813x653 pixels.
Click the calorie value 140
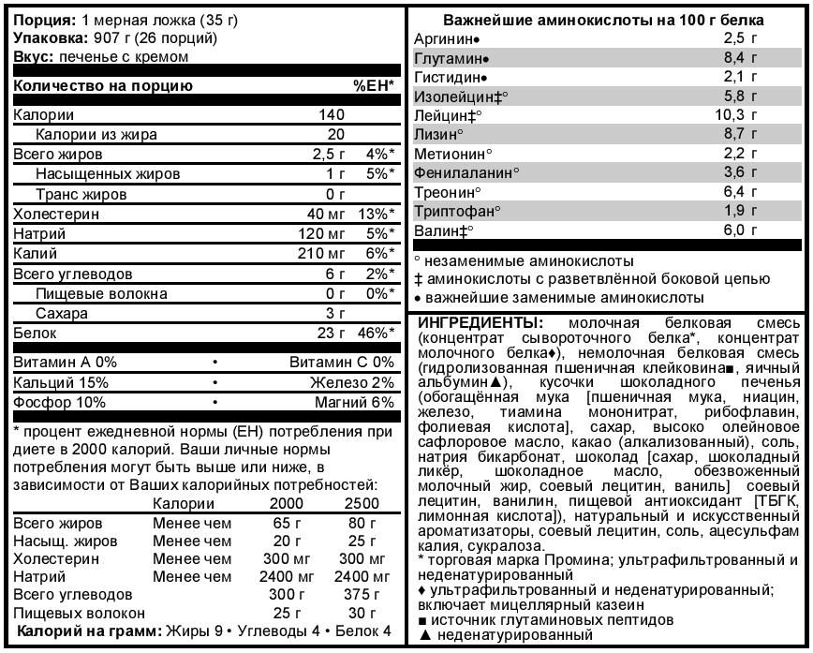(333, 115)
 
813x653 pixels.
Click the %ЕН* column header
(373, 86)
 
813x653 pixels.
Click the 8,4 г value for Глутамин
(739, 58)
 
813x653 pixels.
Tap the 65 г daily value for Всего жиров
(279, 523)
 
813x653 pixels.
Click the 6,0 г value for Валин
(739, 230)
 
